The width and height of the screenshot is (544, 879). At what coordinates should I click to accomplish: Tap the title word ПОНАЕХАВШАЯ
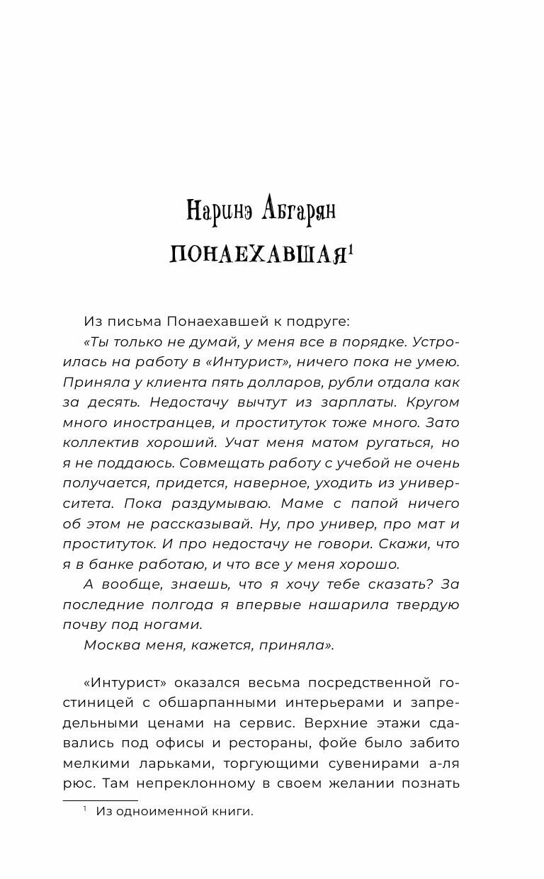[x=257, y=255]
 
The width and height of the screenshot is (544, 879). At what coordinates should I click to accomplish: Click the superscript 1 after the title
[x=350, y=249]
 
